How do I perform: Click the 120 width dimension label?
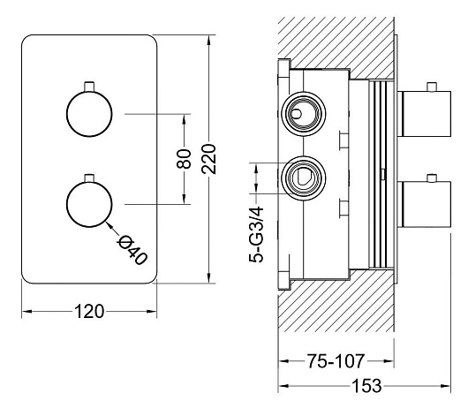[89, 312]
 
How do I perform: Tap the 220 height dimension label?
[208, 159]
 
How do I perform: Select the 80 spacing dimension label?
[184, 159]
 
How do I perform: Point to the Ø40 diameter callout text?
[132, 250]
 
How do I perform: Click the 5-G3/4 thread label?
[256, 234]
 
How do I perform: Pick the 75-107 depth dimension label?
[336, 361]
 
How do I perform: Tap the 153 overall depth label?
[367, 386]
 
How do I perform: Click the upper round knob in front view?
[89, 114]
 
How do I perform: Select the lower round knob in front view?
[89, 205]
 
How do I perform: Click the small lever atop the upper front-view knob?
[89, 87]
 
